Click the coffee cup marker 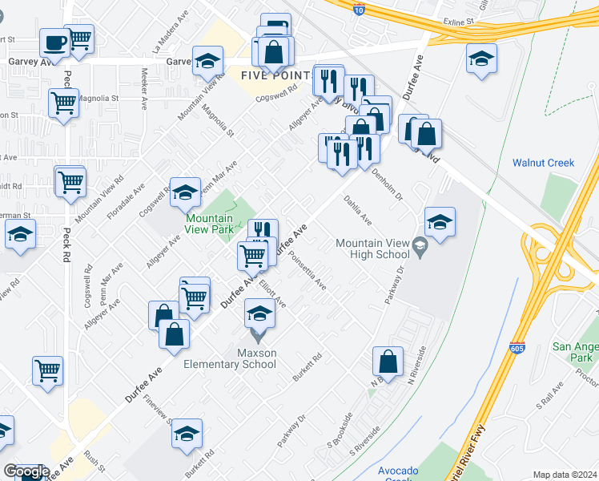pyautogui.click(x=54, y=42)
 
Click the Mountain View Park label pyautogui.click(x=209, y=224)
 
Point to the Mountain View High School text pyautogui.click(x=372, y=249)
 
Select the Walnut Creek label pyautogui.click(x=543, y=163)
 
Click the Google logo pyautogui.click(x=26, y=471)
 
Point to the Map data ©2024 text pyautogui.click(x=564, y=475)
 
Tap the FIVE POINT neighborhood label pyautogui.click(x=275, y=75)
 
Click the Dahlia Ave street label pyautogui.click(x=357, y=210)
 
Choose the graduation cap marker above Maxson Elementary pyautogui.click(x=259, y=313)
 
